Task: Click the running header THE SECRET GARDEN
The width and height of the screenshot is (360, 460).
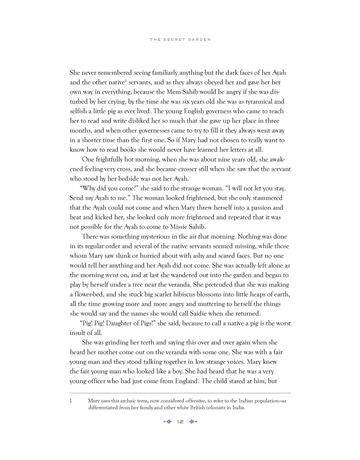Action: (x=180, y=40)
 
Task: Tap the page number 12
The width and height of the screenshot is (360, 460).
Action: (x=180, y=422)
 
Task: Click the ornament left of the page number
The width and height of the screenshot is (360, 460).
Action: (x=168, y=422)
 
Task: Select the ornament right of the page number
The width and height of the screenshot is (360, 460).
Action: (x=193, y=422)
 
